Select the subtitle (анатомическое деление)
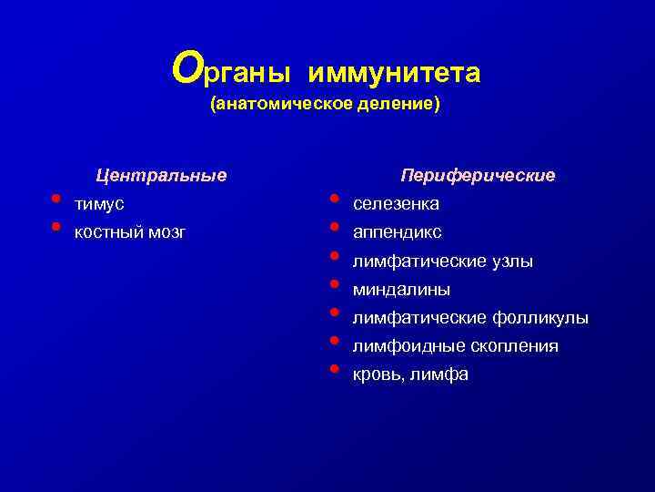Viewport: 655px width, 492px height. pyautogui.click(x=325, y=105)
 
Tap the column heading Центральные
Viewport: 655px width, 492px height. pyautogui.click(x=162, y=174)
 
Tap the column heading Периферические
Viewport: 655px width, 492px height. pyautogui.click(x=478, y=174)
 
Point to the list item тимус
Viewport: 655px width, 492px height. pyautogui.click(x=99, y=203)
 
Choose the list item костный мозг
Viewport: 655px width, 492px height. pyautogui.click(x=130, y=232)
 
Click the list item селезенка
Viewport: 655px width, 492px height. pyautogui.click(x=396, y=203)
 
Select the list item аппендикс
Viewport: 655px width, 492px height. pyautogui.click(x=397, y=232)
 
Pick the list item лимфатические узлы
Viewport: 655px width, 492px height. pyautogui.click(x=442, y=261)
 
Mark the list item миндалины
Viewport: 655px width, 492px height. pyautogui.click(x=401, y=290)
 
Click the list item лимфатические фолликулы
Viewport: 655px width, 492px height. pyautogui.click(x=470, y=318)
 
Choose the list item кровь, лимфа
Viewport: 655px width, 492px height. pyautogui.click(x=410, y=374)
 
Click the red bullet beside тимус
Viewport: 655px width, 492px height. pyautogui.click(x=55, y=198)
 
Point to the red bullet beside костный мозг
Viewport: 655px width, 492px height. pyautogui.click(x=55, y=226)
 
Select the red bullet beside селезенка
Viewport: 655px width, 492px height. pyautogui.click(x=335, y=198)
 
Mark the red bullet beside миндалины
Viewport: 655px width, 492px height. pyautogui.click(x=335, y=283)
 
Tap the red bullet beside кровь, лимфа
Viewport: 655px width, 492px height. pyautogui.click(x=335, y=368)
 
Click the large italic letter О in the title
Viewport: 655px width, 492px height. pyautogui.click(x=186, y=67)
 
